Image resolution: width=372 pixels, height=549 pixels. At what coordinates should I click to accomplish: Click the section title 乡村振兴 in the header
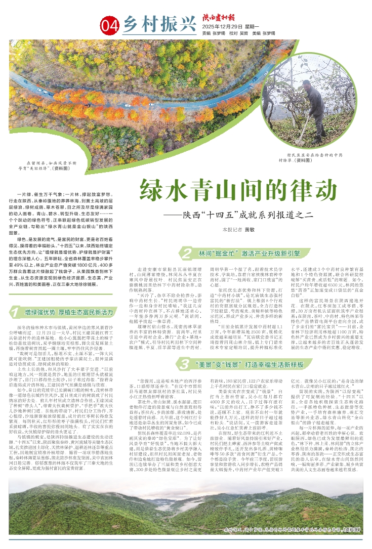coord(151,23)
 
